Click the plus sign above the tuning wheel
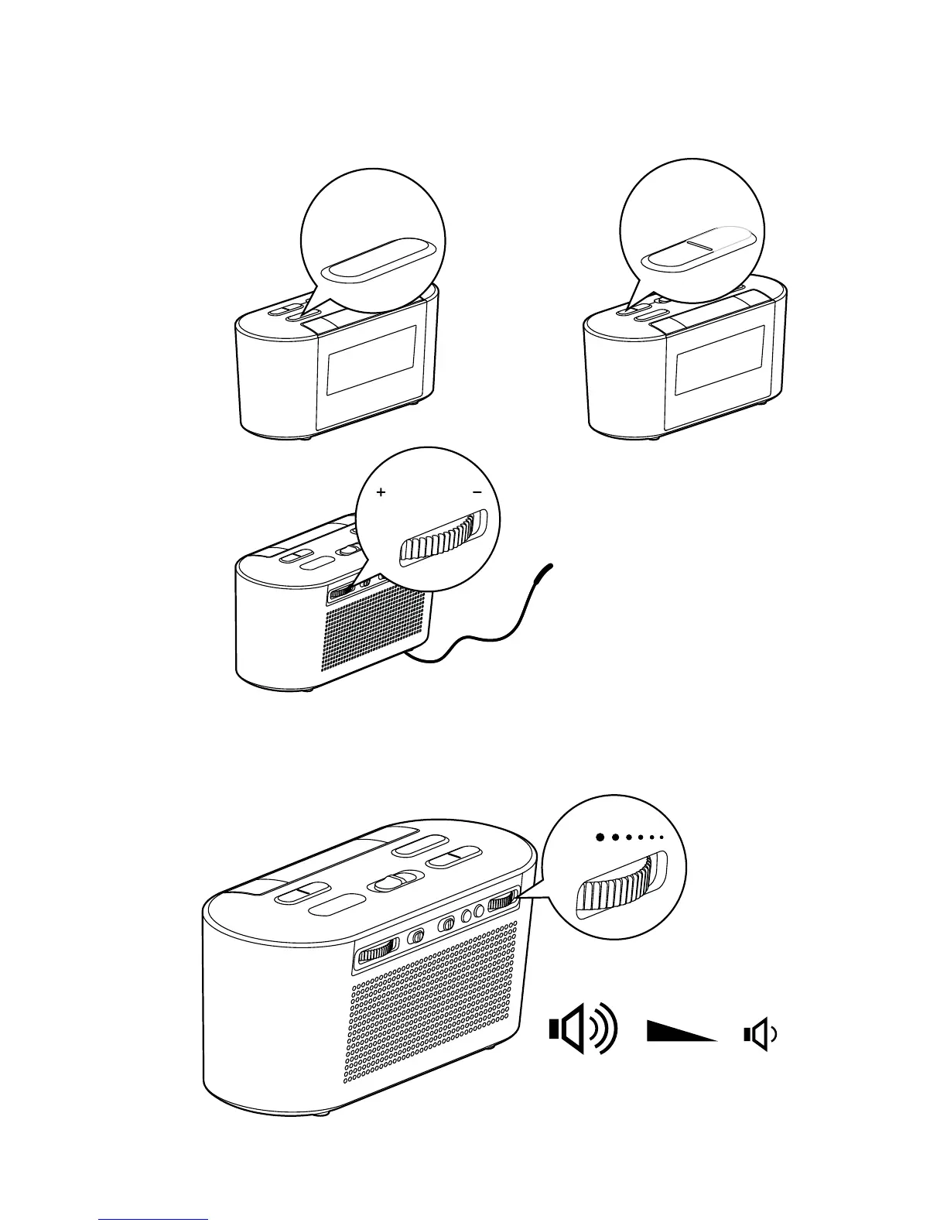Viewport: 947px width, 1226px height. coord(381,492)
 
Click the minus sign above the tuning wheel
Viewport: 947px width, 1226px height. coord(477,492)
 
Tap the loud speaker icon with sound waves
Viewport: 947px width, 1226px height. coord(583,1031)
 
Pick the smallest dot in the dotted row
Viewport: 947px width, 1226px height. coord(662,837)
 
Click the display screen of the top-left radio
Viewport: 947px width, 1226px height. coord(372,359)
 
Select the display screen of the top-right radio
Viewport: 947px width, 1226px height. coord(719,359)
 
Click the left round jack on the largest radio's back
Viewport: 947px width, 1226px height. coord(467,915)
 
